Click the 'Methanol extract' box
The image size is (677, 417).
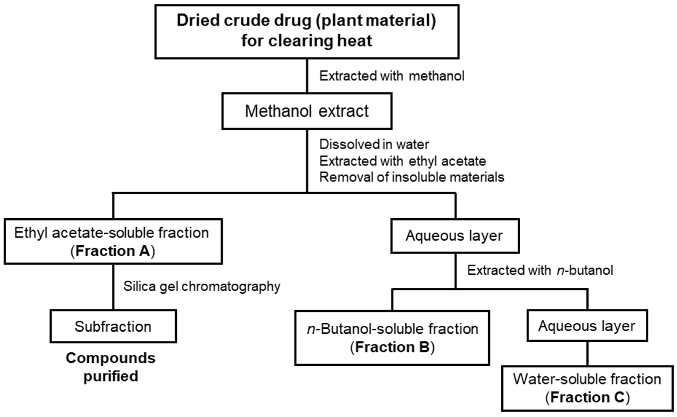(307, 111)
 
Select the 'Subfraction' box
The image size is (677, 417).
(113, 327)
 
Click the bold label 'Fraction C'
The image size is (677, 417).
(587, 397)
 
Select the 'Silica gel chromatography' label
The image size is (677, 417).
(202, 287)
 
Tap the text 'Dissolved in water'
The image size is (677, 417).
(374, 145)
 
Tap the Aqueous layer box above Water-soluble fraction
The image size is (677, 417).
(587, 326)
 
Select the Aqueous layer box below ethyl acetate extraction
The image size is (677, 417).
(455, 236)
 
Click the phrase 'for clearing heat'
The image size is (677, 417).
(307, 41)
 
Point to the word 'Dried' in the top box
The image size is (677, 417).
(198, 21)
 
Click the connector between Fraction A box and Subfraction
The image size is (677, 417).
(113, 287)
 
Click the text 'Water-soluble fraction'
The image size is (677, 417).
(587, 379)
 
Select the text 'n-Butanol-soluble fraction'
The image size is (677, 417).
(392, 329)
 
